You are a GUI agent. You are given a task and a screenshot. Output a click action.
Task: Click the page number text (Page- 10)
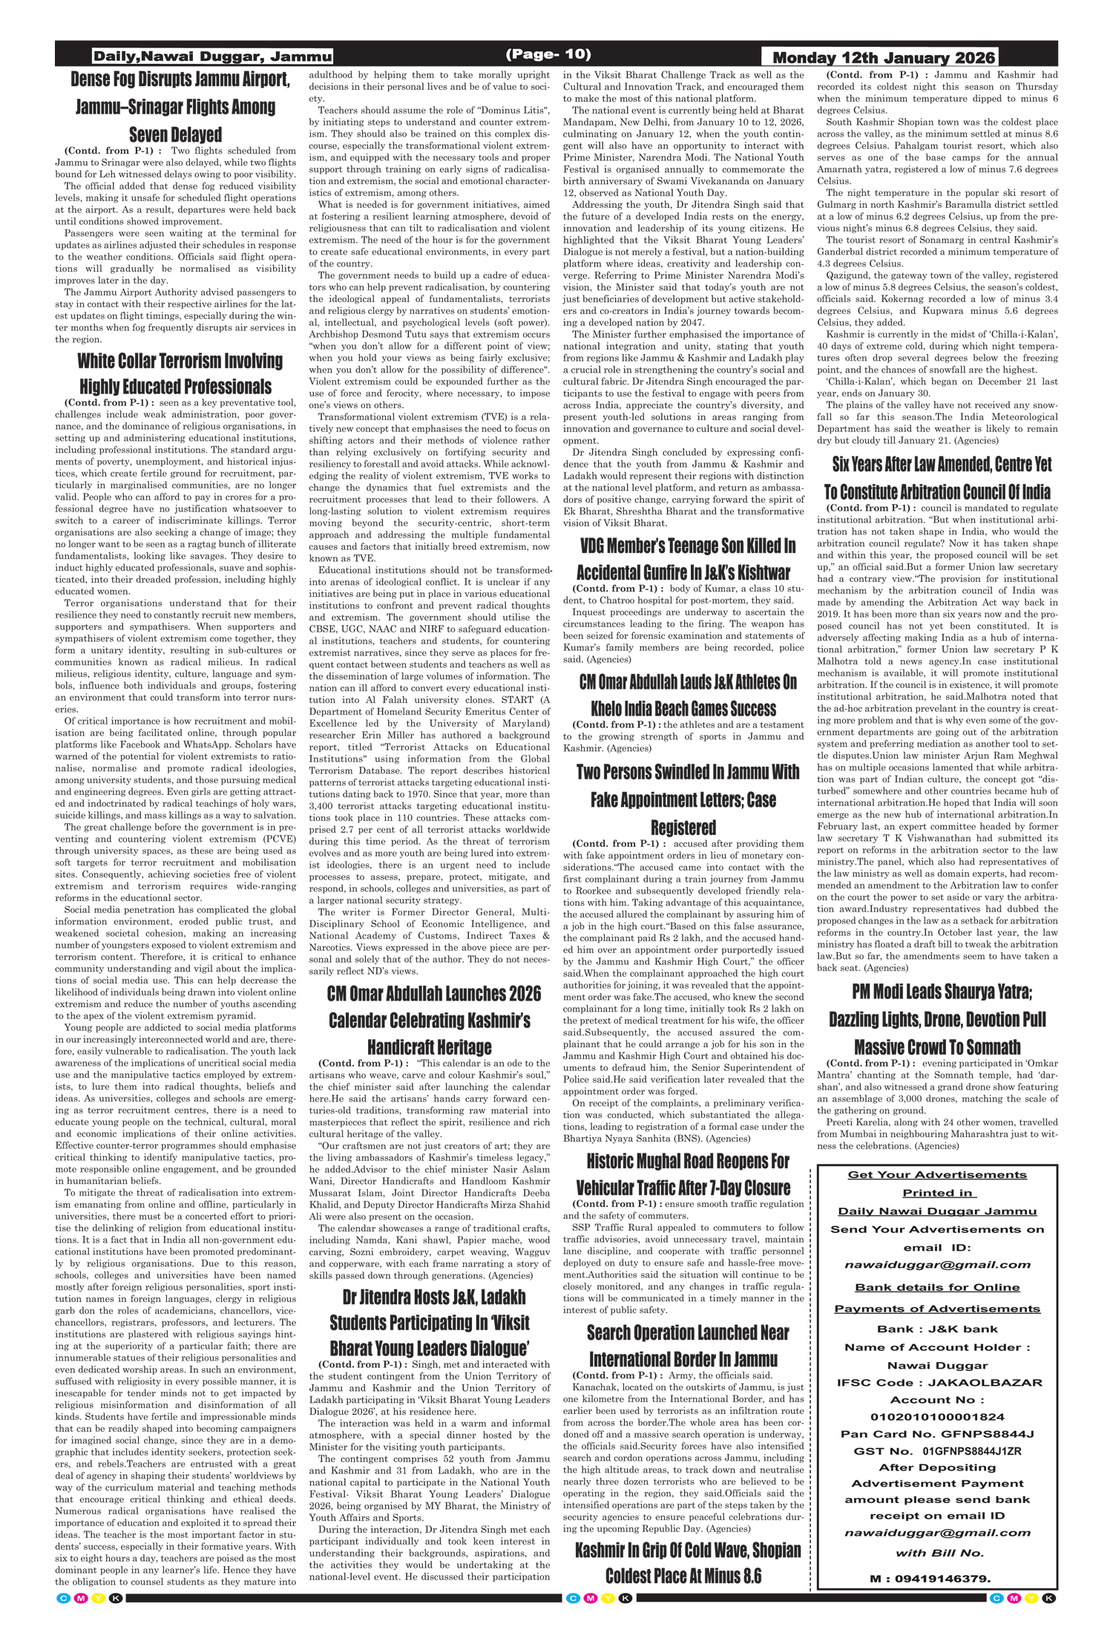coord(548,54)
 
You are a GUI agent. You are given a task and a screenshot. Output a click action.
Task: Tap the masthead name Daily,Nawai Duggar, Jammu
coord(212,56)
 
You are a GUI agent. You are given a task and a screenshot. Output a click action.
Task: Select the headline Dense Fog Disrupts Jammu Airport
coord(179,79)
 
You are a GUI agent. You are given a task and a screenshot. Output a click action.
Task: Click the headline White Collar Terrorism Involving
coord(180,361)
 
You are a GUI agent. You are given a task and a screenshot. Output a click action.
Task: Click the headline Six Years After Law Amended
coord(942,465)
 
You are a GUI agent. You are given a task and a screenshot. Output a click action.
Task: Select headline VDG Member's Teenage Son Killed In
coord(687,546)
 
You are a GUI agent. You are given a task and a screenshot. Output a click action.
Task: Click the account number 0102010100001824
coord(937,1416)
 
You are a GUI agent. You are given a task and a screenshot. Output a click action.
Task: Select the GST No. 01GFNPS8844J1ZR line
coord(937,1450)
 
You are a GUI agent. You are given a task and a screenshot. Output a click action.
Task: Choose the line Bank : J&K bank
coord(937,1329)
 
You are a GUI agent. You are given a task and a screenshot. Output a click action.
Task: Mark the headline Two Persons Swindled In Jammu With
coord(687,773)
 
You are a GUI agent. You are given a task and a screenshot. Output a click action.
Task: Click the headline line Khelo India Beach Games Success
coord(683,709)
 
